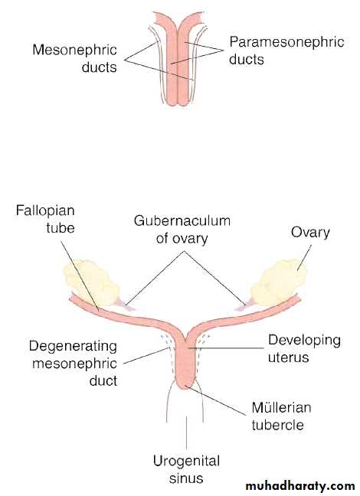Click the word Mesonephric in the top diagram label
[74, 50]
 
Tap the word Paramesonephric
[287, 42]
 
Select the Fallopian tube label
[45, 219]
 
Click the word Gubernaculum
[182, 220]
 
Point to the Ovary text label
[310, 233]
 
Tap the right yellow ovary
[279, 282]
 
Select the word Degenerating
[73, 347]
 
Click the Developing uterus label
[304, 348]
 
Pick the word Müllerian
[281, 407]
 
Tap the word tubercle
[278, 425]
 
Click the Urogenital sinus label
[186, 469]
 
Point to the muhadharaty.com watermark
[300, 485]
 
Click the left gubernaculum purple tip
[125, 305]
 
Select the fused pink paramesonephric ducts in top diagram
[178, 60]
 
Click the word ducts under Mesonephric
[99, 67]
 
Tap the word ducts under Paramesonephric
[247, 59]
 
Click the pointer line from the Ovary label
[304, 258]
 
